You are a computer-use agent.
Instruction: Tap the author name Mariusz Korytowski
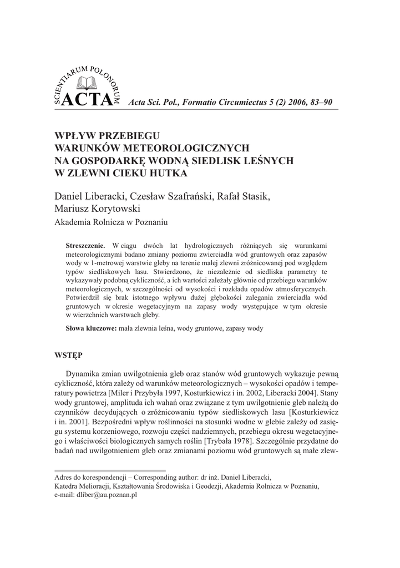pyautogui.click(x=98, y=209)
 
